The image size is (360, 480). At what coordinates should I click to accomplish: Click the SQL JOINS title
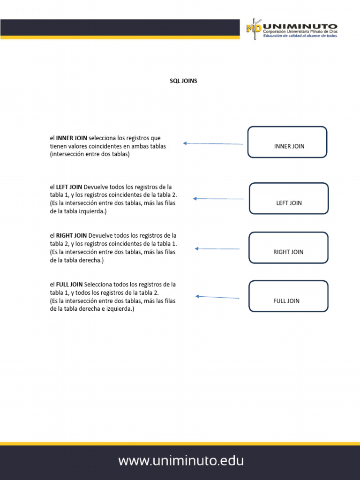(183, 81)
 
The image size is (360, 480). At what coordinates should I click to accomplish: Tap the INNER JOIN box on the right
(287, 142)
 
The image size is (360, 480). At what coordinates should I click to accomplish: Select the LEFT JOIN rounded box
(289, 198)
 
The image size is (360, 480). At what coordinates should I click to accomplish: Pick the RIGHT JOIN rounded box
(288, 247)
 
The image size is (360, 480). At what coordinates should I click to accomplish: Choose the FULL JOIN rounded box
(288, 296)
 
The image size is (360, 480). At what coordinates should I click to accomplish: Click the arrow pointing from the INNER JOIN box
(213, 143)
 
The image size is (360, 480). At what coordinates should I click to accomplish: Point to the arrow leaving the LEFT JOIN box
(218, 199)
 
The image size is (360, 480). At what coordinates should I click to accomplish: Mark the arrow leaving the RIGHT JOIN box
(217, 248)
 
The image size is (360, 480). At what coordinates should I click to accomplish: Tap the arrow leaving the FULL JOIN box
(217, 297)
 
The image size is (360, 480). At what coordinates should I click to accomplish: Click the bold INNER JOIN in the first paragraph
(71, 138)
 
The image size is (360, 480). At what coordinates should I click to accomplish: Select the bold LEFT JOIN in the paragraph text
(69, 187)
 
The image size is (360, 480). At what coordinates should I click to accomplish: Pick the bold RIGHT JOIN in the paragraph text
(71, 235)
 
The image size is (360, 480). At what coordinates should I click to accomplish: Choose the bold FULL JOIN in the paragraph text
(69, 285)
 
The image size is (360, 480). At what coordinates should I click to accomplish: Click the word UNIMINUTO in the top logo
(300, 26)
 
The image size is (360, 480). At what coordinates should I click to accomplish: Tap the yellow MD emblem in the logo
(254, 29)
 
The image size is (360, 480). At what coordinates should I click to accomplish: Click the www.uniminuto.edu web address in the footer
(181, 461)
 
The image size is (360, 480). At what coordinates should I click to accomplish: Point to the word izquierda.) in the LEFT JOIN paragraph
(94, 211)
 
